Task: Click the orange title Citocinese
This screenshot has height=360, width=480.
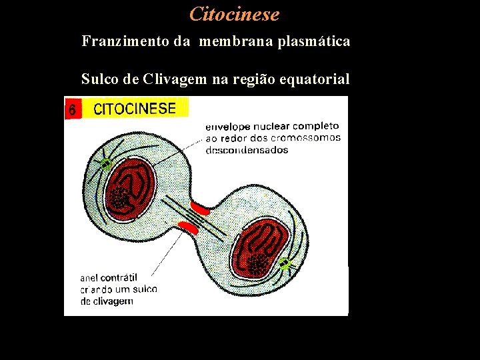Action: tap(234, 13)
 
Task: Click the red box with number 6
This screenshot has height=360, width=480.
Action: tap(73, 109)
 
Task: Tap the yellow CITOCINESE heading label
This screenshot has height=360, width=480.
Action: tap(135, 109)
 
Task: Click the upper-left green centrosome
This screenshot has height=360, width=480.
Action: tap(105, 163)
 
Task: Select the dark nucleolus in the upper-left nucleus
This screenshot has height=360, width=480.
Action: tap(120, 198)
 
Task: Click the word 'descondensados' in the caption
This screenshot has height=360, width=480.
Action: tap(247, 150)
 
